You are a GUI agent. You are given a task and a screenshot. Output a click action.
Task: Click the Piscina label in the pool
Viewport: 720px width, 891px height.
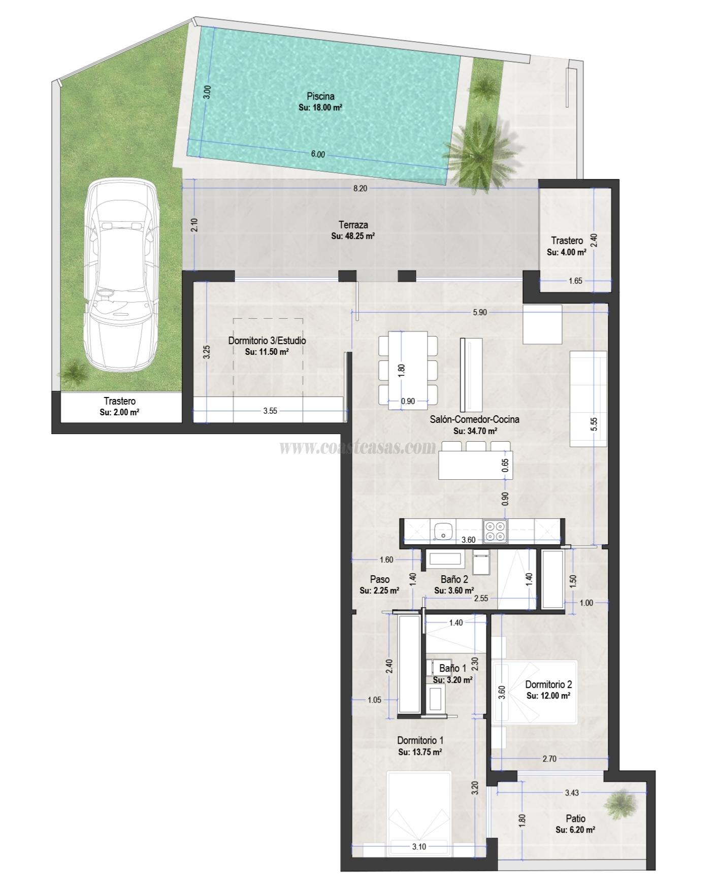(320, 96)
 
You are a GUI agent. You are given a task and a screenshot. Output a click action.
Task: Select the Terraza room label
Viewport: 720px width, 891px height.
(353, 225)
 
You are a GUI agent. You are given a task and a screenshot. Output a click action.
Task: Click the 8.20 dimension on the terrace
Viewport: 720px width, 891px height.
(359, 188)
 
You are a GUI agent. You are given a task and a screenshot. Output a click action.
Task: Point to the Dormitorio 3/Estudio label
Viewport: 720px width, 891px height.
(267, 341)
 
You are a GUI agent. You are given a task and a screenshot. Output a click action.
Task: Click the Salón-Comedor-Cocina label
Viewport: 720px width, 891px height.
(474, 420)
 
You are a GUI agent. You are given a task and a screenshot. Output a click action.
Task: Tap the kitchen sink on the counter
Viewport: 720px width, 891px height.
(443, 532)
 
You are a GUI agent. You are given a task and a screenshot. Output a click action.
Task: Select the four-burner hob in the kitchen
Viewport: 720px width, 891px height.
(496, 531)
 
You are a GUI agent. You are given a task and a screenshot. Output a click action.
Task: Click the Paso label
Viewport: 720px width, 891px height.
(380, 579)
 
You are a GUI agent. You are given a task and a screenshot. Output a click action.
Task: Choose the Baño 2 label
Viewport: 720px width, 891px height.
(454, 579)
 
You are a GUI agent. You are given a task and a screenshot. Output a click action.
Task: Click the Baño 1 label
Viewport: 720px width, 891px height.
(452, 669)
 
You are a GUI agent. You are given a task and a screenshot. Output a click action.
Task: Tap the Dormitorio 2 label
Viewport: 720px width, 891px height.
(548, 684)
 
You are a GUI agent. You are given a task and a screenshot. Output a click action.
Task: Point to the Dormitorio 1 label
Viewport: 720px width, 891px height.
(420, 741)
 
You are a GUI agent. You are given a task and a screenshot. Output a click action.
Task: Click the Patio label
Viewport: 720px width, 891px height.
(575, 818)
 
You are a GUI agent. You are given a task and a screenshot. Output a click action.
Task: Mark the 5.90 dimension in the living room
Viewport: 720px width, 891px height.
(479, 313)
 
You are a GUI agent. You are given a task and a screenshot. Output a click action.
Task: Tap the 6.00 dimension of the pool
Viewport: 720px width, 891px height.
(318, 154)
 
